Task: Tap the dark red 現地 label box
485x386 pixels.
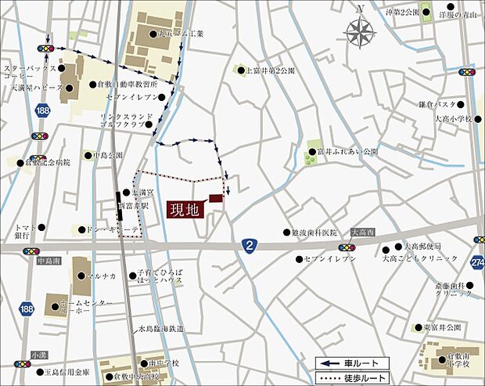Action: (x=187, y=209)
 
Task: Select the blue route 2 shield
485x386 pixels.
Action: (x=249, y=245)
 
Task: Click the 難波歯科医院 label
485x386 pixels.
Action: (x=314, y=233)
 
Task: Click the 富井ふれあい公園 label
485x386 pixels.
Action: (x=347, y=151)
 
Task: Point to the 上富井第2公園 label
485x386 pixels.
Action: (x=271, y=70)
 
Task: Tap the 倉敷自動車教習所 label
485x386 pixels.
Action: (x=128, y=84)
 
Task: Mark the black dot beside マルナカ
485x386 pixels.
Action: (x=86, y=276)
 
